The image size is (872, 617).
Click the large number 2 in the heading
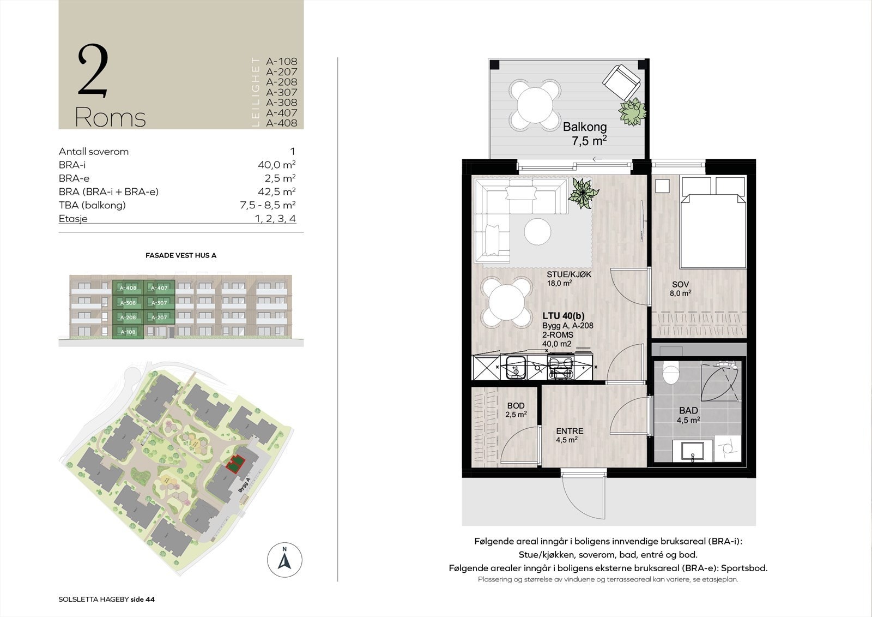pos(93,71)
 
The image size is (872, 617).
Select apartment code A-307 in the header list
pos(281,92)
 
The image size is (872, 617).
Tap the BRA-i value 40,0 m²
pos(276,165)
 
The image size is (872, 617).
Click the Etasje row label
pos(73,219)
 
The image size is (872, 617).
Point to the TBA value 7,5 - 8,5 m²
pos(264,205)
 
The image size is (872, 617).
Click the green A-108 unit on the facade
pos(128,332)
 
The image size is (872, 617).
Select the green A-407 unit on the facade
pos(159,287)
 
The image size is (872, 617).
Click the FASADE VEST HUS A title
pos(181,255)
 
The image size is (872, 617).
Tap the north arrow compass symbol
pos(284,560)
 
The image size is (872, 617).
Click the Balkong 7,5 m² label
pos(585,133)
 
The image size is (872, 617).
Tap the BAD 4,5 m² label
pos(688,415)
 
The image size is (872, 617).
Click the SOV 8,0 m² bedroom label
pos(681,288)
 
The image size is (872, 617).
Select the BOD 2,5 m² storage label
pos(516,410)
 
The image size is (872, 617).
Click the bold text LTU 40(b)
pos(563,316)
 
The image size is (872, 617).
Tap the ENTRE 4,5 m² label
pos(570,435)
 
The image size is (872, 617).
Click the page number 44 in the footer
pos(150,599)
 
